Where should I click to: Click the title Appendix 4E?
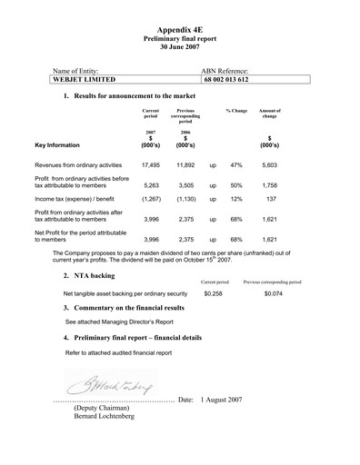pyautogui.click(x=181, y=30)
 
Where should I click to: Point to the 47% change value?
pyautogui.click(x=236, y=166)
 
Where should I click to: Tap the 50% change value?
pyautogui.click(x=236, y=185)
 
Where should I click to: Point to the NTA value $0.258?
pyautogui.click(x=214, y=294)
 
